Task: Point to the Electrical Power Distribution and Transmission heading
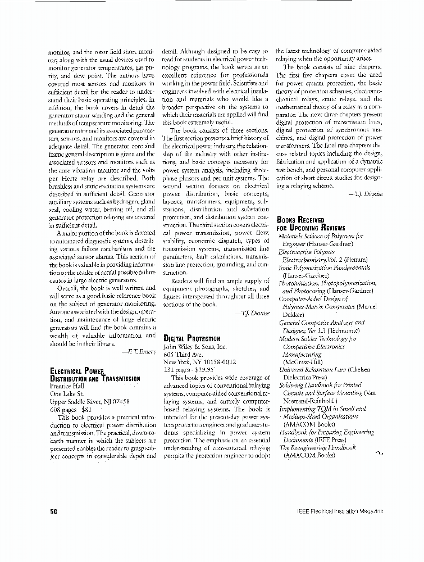click(x=94, y=375)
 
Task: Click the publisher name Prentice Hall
click(x=67, y=386)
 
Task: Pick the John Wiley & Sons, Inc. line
click(x=194, y=347)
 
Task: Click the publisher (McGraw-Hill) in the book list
click(x=303, y=362)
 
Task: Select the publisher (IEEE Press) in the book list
click(x=326, y=440)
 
